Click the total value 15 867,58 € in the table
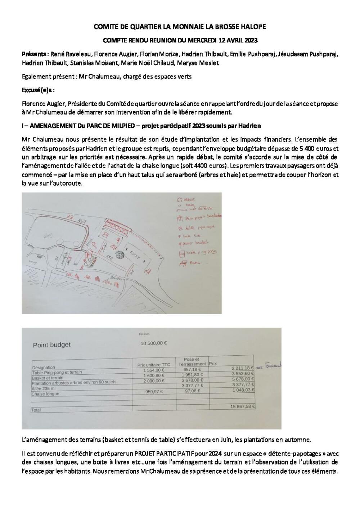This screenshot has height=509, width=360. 243,406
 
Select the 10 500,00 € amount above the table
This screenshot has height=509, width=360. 154,343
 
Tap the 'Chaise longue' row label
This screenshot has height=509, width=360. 45,394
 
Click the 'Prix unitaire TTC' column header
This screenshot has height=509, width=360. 154,365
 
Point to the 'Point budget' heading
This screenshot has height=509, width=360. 52,345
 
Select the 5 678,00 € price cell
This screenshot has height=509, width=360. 243,379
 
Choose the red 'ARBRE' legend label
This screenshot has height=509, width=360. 189,199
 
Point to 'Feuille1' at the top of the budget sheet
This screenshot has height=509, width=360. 144,334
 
